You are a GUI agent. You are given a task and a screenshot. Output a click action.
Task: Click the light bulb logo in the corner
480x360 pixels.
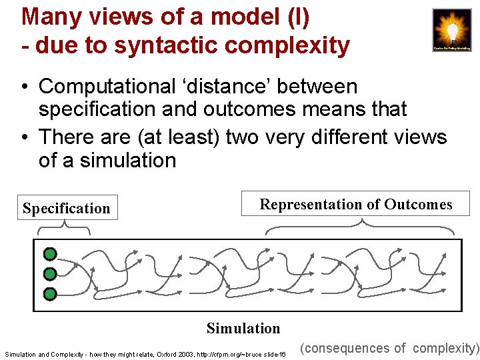[451, 30]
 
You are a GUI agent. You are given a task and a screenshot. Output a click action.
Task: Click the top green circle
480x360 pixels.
[50, 254]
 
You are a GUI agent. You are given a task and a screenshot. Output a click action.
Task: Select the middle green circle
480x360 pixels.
[50, 274]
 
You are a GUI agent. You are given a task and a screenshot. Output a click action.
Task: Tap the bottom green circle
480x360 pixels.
[50, 294]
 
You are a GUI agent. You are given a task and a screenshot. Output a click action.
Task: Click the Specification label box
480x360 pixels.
[66, 208]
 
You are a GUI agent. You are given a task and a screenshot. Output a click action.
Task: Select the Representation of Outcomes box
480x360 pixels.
[355, 204]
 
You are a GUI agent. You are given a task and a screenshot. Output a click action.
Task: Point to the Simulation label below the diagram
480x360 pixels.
[243, 328]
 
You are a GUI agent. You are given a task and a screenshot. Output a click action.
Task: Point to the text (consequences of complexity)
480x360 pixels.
[389, 348]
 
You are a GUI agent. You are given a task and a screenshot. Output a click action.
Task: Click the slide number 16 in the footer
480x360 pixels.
[282, 354]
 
